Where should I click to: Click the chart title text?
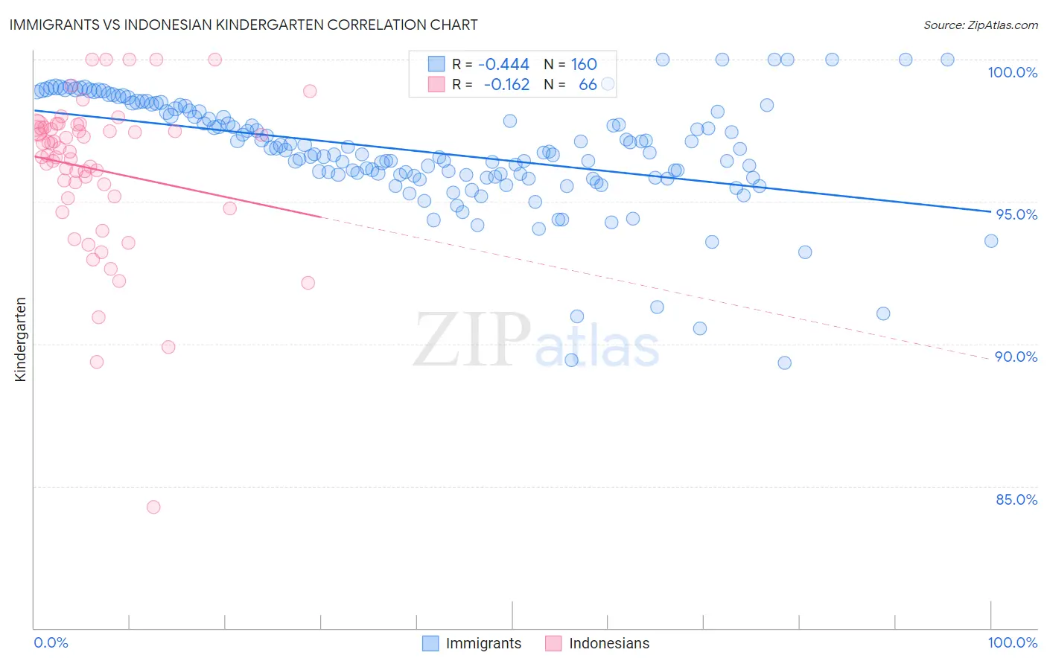point(244,25)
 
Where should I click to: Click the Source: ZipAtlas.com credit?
point(980,25)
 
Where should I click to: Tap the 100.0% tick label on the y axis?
point(1012,72)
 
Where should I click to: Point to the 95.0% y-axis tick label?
point(1016,214)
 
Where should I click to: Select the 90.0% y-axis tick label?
point(1016,357)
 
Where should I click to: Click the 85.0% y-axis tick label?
point(1016,499)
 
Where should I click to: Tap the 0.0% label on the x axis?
point(51,642)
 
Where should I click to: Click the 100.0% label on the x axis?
point(1012,642)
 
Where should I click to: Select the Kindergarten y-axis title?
point(20,339)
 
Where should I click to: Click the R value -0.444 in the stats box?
point(503,65)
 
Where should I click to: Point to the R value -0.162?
point(506,85)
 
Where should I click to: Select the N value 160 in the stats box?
point(584,65)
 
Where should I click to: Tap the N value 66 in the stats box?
point(588,85)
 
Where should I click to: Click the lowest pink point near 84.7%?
point(153,507)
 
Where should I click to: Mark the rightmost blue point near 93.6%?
point(990,240)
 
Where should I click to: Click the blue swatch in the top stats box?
point(436,64)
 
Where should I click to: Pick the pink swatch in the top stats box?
point(436,84)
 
